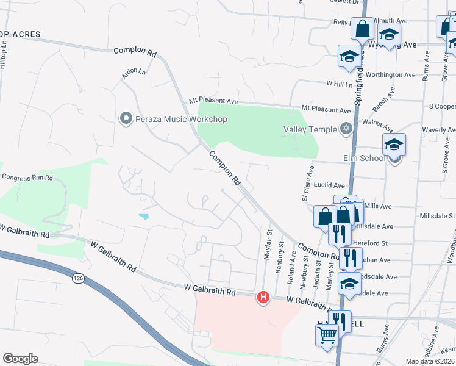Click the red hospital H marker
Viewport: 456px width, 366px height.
tap(263, 297)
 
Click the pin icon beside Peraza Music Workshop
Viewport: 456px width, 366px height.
tap(126, 118)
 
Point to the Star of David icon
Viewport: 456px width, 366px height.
tap(346, 129)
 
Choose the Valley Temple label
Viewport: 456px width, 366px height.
tap(310, 129)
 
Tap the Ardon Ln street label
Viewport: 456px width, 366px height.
tap(134, 73)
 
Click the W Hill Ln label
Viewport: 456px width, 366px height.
tap(340, 83)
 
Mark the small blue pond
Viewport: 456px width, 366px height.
tap(144, 216)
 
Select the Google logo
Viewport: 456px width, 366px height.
tap(20, 359)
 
